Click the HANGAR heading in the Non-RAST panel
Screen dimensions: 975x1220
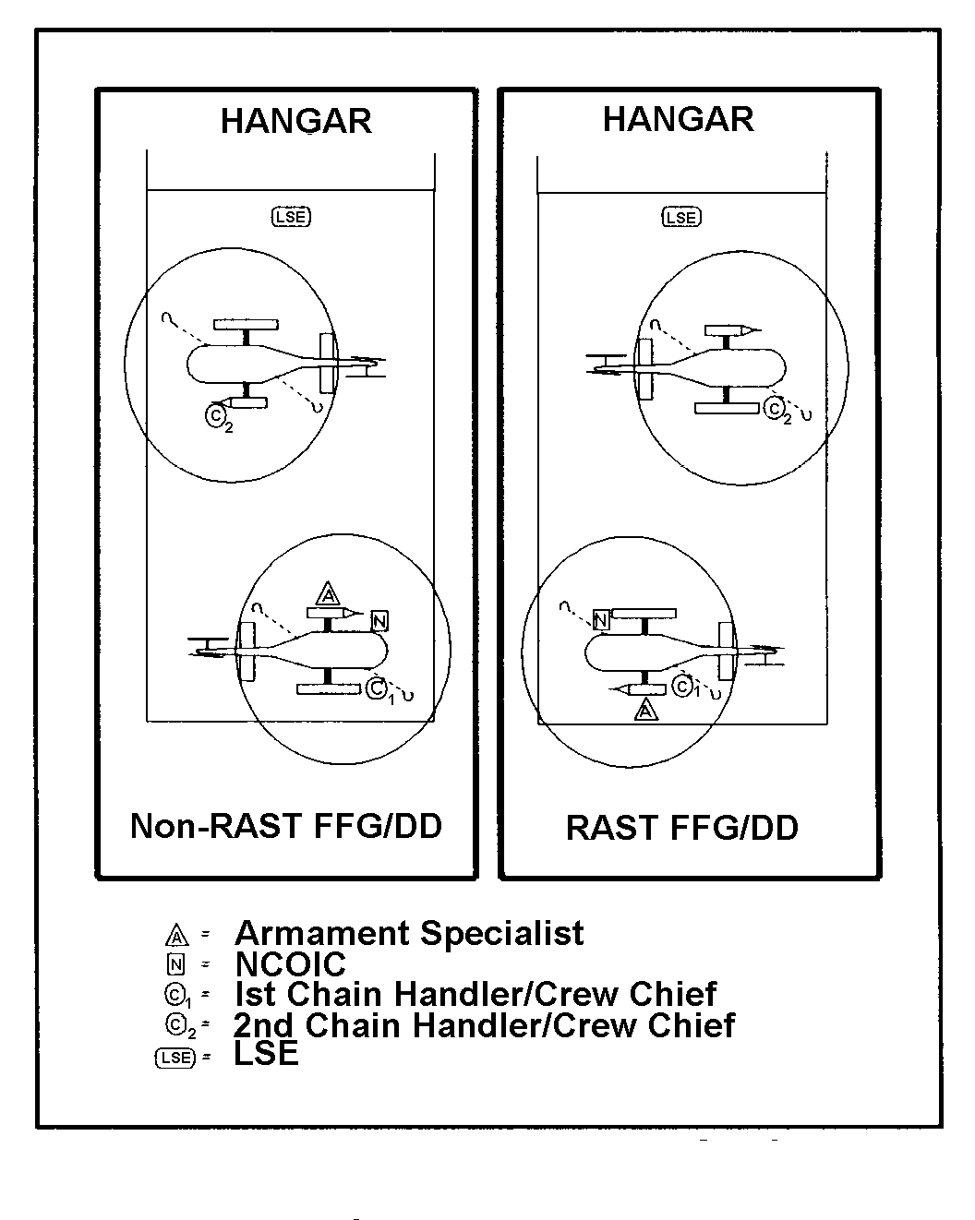[296, 121]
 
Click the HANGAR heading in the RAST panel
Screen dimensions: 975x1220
[679, 119]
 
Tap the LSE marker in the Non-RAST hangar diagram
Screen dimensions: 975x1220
[291, 217]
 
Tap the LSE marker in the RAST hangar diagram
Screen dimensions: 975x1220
[681, 217]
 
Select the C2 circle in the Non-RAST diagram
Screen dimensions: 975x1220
[215, 415]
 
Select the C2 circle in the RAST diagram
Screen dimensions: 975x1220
[774, 408]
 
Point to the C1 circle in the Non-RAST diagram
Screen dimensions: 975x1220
[376, 688]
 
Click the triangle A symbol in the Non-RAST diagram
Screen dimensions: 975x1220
[327, 594]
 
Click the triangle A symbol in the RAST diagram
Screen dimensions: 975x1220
[645, 711]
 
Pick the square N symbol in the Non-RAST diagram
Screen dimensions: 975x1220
[379, 621]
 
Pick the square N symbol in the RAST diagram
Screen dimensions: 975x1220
[601, 620]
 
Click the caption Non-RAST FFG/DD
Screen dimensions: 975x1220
[286, 826]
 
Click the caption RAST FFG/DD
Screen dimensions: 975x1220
[681, 828]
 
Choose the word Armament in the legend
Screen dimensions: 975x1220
[322, 934]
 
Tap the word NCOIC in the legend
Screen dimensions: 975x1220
[291, 964]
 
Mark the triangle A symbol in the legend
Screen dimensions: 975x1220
[177, 936]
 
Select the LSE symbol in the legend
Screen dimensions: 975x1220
[175, 1058]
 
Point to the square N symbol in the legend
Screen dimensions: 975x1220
[176, 965]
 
